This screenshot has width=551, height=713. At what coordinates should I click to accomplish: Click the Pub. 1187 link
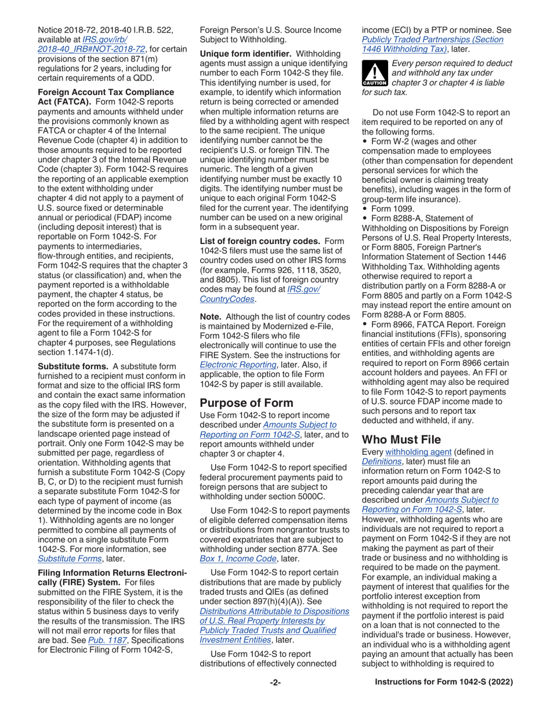pyautogui.click(x=103, y=639)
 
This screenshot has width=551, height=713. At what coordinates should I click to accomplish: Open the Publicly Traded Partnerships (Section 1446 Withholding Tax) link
pyautogui.click(x=432, y=44)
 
